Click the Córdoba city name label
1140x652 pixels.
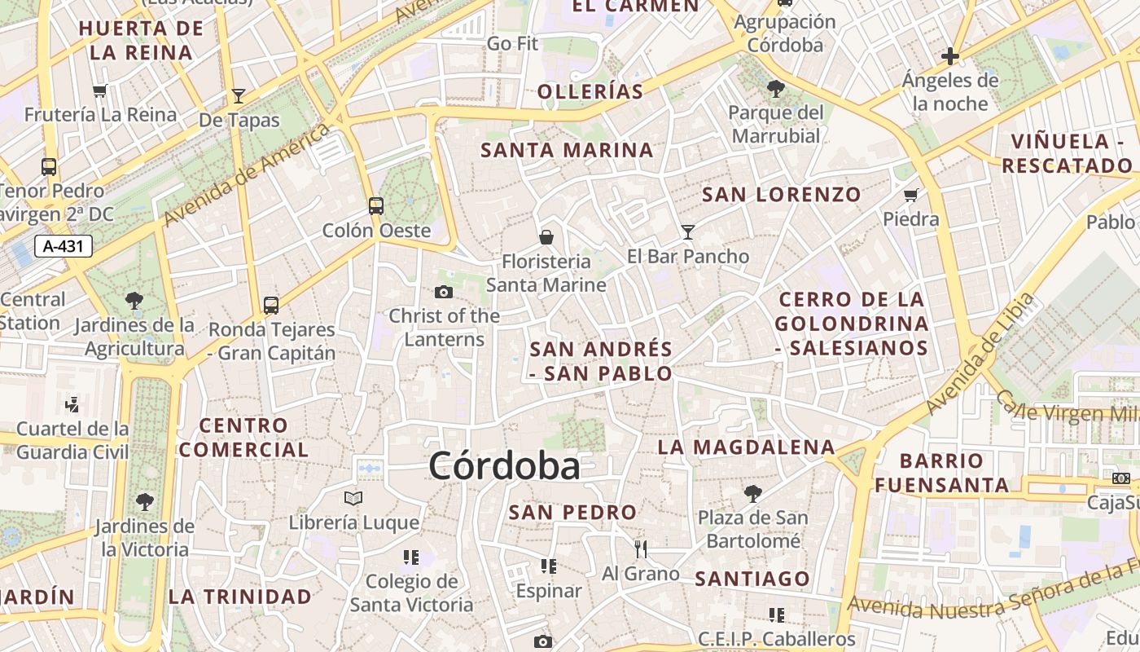[504, 466]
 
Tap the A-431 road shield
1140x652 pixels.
[64, 245]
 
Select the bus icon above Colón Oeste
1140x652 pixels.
[375, 205]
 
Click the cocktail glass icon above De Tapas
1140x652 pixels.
[239, 95]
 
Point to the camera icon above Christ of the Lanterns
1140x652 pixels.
[444, 292]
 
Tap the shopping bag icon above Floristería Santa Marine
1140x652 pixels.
[546, 237]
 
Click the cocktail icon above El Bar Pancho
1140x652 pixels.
[688, 232]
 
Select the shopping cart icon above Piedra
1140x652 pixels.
[910, 195]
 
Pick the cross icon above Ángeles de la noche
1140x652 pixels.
[949, 56]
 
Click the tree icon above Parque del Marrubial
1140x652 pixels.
[775, 88]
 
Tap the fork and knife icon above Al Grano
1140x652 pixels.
[641, 548]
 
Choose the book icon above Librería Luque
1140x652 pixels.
[353, 498]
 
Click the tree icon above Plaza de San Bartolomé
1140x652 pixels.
[753, 493]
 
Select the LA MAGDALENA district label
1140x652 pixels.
[746, 447]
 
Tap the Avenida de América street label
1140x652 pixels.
[247, 175]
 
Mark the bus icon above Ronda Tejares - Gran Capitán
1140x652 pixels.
[271, 306]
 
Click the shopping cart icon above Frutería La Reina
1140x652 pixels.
[100, 90]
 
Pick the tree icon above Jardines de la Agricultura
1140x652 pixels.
[134, 301]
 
